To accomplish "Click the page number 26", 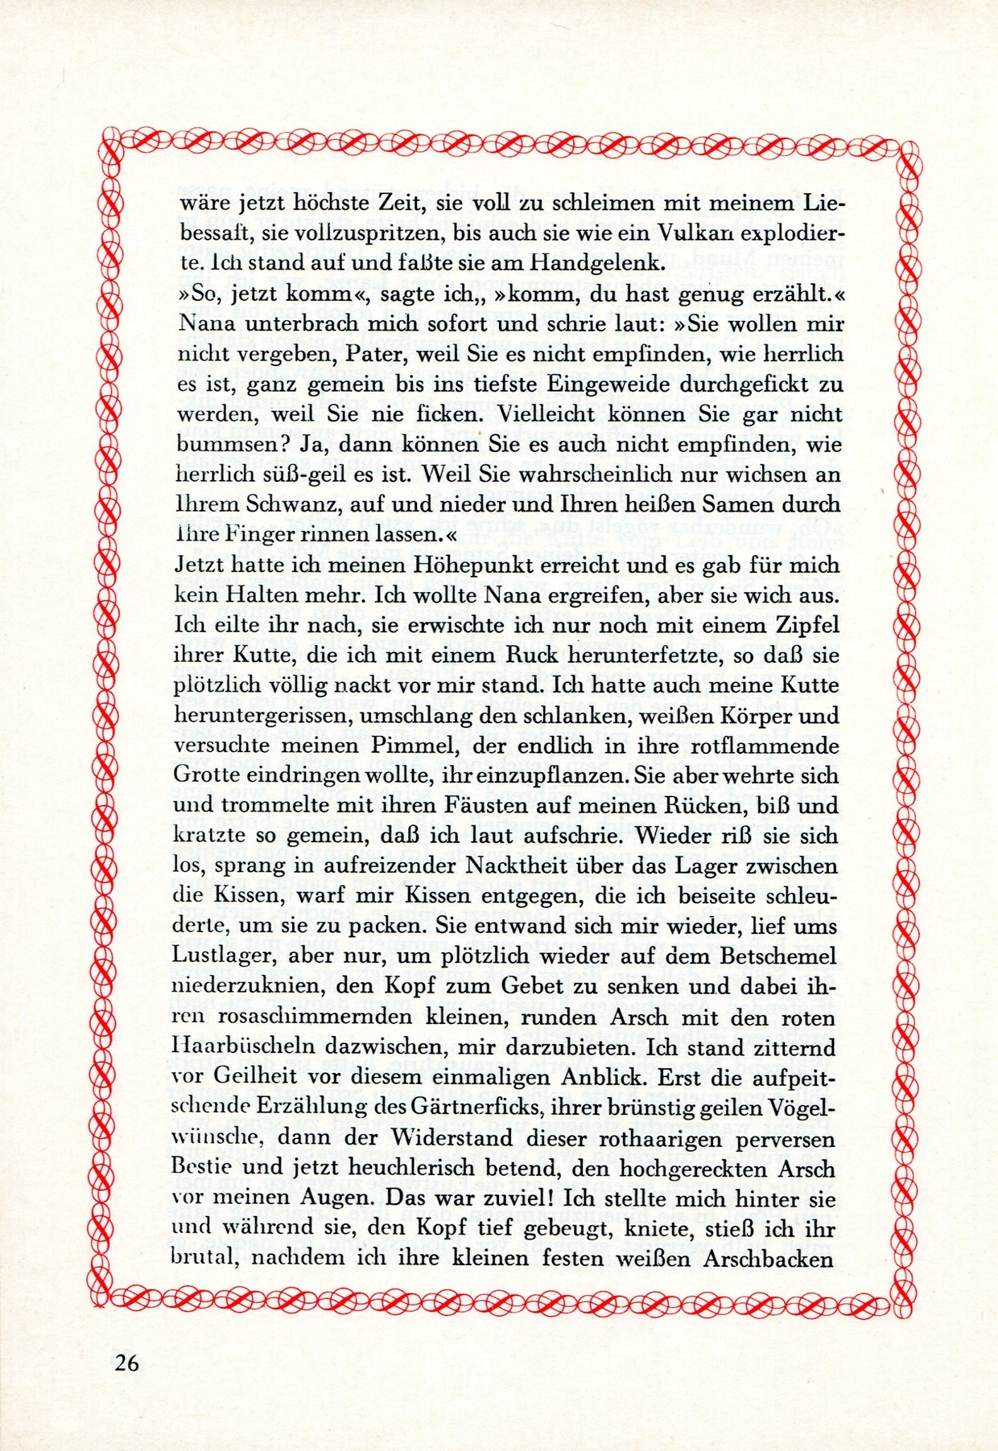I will tap(127, 1362).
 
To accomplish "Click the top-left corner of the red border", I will tap(111, 144).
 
